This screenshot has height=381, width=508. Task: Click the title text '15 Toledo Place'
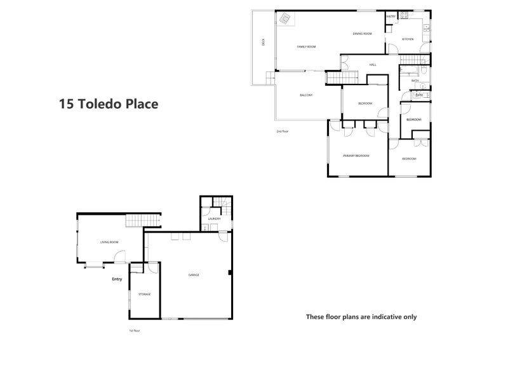tap(108, 104)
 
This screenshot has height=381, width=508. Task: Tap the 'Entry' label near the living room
tap(117, 279)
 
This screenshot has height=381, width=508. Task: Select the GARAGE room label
tap(194, 275)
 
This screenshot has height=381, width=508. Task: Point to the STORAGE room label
tap(145, 295)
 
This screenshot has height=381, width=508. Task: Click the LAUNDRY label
tap(214, 219)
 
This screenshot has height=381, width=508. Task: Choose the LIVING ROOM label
tap(109, 242)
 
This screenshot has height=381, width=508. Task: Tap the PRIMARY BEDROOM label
tap(356, 156)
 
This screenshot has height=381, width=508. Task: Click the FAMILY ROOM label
tap(307, 47)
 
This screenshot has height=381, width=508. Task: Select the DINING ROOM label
tap(362, 34)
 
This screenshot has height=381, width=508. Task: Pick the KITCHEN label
tap(408, 39)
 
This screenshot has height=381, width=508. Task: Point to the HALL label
tap(373, 64)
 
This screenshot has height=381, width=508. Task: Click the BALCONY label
tap(307, 95)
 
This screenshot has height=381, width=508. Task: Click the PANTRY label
tap(391, 17)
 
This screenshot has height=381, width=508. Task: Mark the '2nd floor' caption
tap(282, 131)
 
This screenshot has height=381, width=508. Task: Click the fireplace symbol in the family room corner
tap(285, 19)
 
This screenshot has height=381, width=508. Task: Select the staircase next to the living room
tap(142, 221)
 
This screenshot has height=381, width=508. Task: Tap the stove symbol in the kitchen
tap(424, 26)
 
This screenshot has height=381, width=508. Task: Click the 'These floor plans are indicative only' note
tap(361, 316)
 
